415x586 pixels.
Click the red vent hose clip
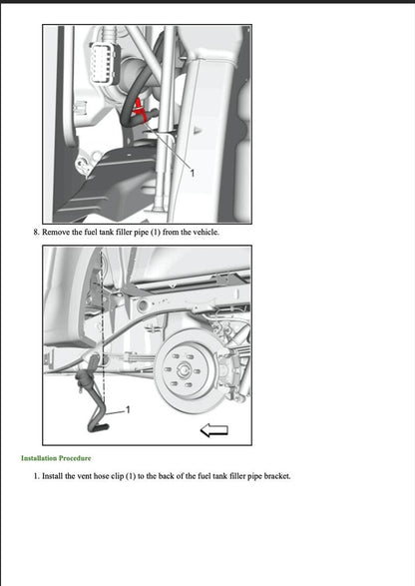point(141,105)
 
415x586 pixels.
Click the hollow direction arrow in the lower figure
point(214,430)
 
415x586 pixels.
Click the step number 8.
point(36,233)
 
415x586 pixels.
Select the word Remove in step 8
point(58,233)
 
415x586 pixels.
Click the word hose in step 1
point(112,476)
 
